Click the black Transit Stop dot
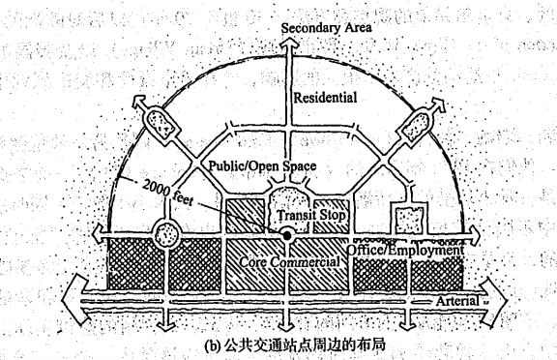point(287,235)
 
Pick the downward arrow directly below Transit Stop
point(287,321)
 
